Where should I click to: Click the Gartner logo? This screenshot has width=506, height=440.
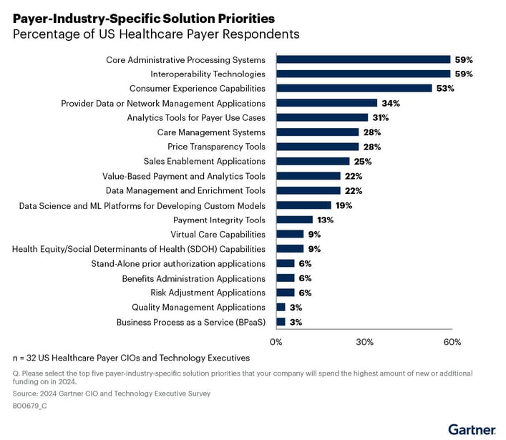click(472, 429)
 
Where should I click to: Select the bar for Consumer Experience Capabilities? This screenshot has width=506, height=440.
click(354, 88)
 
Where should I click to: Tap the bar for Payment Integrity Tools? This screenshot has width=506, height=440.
click(294, 220)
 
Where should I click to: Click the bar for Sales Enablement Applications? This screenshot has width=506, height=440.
click(313, 161)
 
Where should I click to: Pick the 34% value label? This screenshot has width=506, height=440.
click(390, 103)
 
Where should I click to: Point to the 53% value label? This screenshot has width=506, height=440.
click(445, 88)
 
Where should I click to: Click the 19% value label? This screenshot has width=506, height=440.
click(344, 205)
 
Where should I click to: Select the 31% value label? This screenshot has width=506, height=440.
click(381, 117)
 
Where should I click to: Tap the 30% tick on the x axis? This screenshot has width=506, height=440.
click(364, 341)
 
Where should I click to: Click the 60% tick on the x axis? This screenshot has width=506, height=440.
click(452, 341)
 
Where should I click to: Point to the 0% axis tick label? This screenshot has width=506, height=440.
click(276, 341)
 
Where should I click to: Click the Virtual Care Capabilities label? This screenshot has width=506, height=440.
click(218, 235)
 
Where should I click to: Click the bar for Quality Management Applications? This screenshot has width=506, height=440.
click(281, 308)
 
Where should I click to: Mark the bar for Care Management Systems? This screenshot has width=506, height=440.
click(317, 132)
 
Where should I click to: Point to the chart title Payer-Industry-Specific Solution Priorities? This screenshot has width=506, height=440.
click(144, 18)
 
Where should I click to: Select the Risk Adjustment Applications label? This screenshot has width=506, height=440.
click(208, 293)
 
